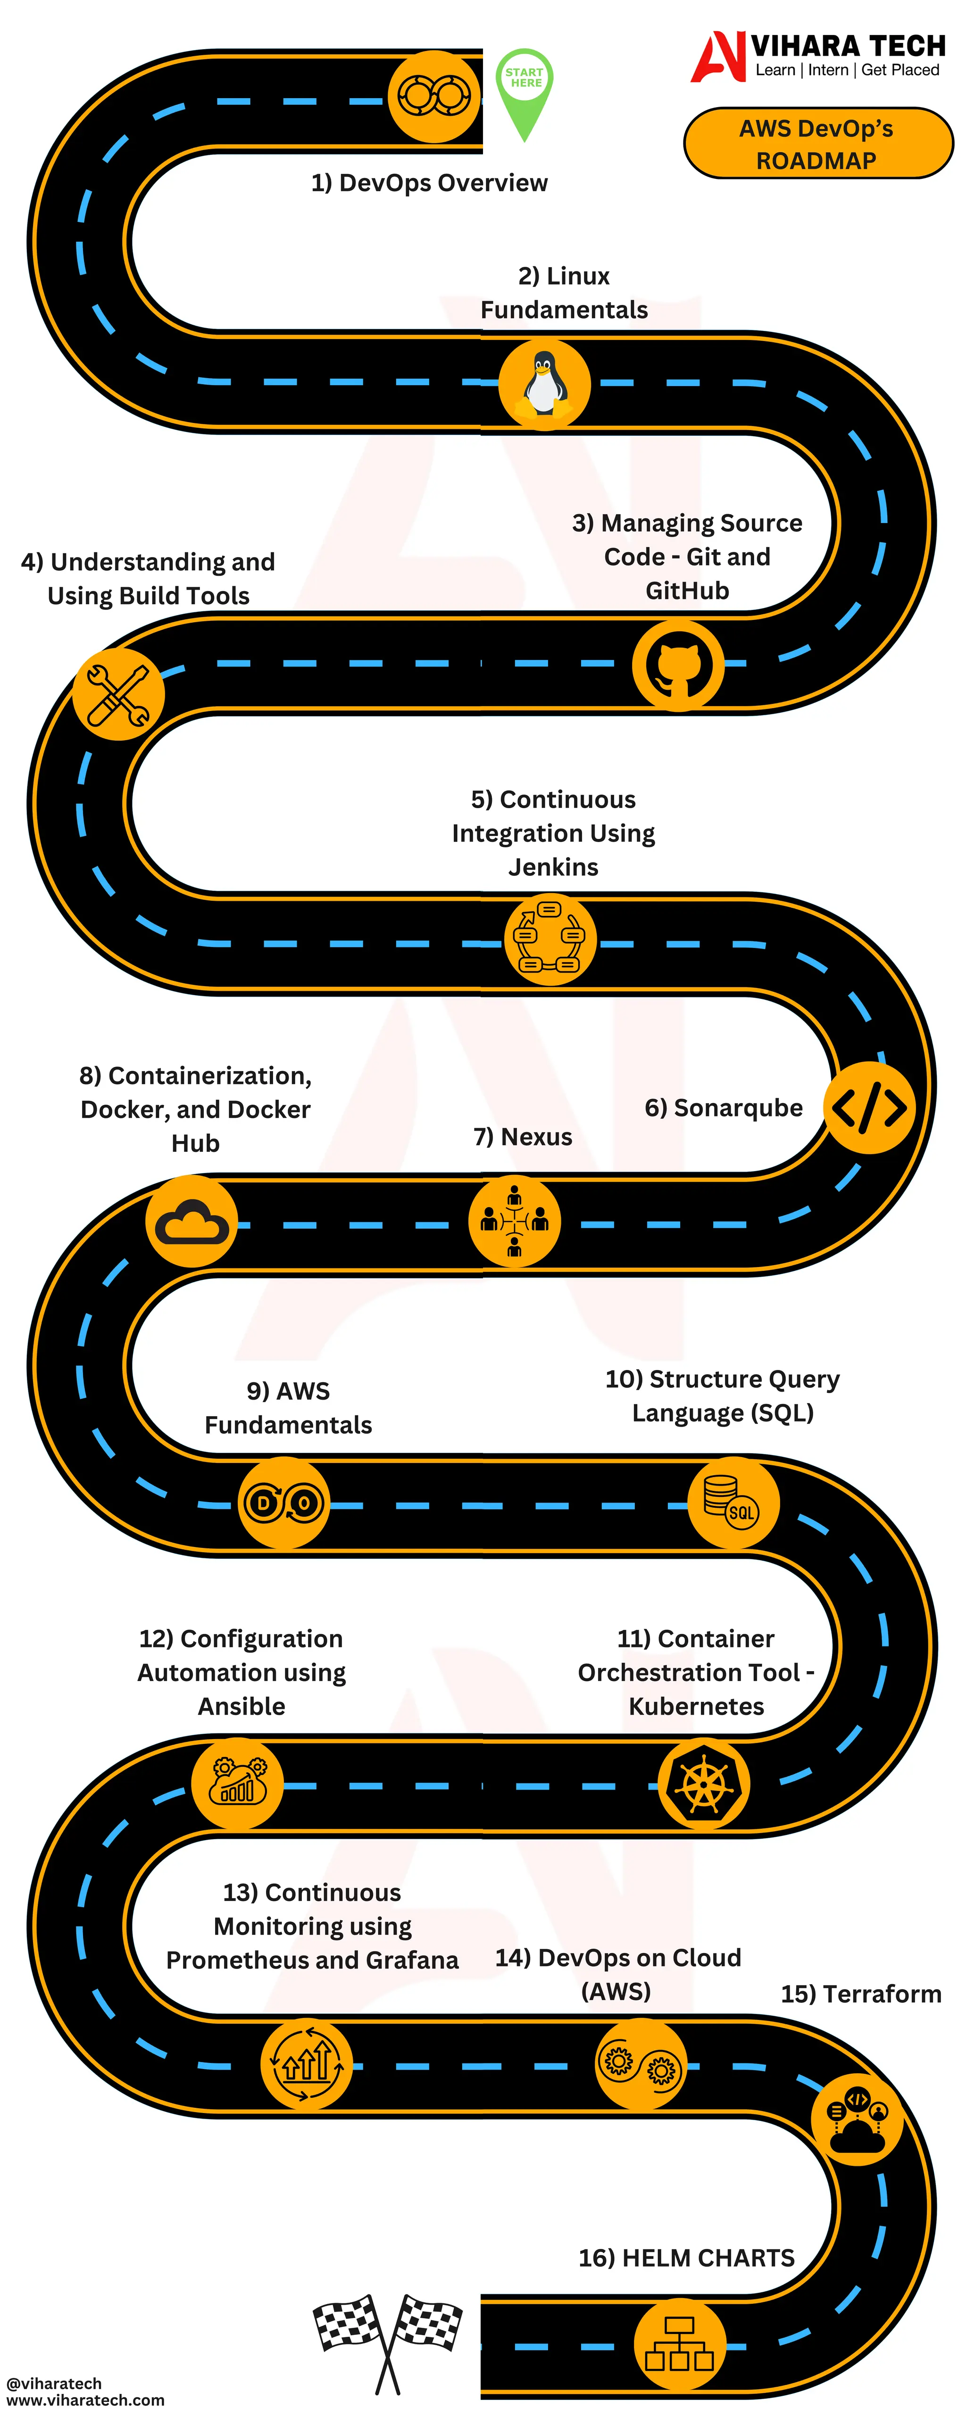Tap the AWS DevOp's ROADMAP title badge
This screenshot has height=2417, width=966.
click(817, 144)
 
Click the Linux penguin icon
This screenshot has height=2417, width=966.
click(544, 384)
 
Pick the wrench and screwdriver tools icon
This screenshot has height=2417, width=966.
click(118, 694)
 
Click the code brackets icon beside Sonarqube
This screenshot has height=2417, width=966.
click(869, 1108)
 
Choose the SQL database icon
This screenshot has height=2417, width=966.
click(733, 1502)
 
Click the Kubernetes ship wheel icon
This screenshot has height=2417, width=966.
click(702, 1783)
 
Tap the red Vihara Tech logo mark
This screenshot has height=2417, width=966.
click(717, 56)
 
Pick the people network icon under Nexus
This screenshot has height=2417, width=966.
click(514, 1221)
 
